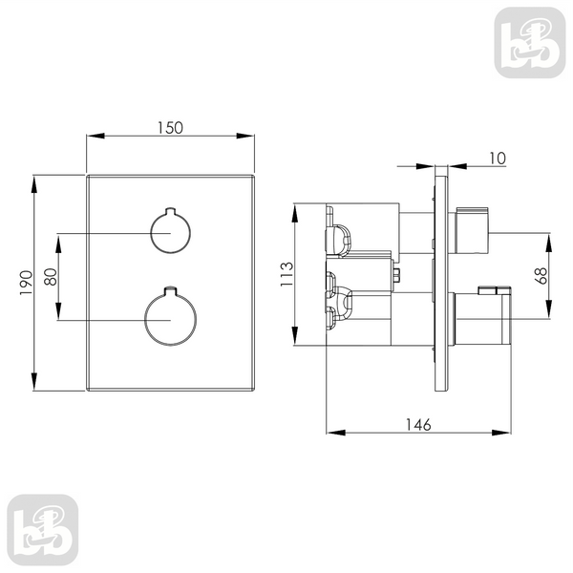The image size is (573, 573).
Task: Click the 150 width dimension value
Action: pos(170,128)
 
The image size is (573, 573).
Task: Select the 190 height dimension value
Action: pos(27,283)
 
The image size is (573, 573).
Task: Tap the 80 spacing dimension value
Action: pos(51,277)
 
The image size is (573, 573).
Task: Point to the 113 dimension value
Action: pos(286,274)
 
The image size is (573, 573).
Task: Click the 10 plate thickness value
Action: pos(498,159)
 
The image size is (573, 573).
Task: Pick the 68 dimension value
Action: pos(541,276)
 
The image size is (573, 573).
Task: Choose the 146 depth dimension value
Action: pos(418,425)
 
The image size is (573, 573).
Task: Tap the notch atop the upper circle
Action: pos(171,210)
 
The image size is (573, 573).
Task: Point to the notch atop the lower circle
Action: pos(171,289)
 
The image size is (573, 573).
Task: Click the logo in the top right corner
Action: pos(530,42)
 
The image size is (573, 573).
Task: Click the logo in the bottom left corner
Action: pos(43,530)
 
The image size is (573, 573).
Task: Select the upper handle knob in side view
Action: pos(472,230)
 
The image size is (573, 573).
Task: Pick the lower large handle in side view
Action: pos(482,316)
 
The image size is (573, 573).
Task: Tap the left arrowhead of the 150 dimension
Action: pos(95,136)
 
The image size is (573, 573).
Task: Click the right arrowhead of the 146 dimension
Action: pos(501,433)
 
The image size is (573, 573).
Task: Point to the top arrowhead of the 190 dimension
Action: pos(34,184)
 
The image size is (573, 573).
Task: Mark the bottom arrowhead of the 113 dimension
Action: pos(294,336)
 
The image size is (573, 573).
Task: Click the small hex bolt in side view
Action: pos(396,275)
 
